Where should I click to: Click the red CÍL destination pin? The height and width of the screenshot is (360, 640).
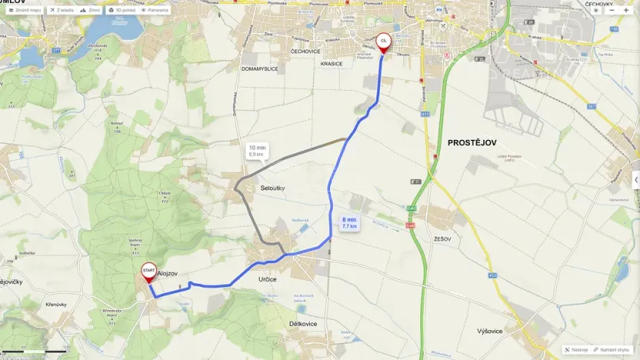(x=383, y=41)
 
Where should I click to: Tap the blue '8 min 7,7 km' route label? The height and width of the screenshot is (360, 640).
(x=349, y=223)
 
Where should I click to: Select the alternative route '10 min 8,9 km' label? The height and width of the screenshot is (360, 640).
(x=257, y=150)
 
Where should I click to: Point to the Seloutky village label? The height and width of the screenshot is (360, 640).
(x=272, y=188)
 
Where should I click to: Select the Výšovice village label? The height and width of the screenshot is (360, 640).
(x=490, y=331)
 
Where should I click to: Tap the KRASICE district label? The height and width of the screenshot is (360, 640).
(x=333, y=64)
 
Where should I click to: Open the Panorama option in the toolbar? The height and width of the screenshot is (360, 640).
(x=156, y=11)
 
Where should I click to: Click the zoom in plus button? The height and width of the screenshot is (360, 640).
(x=626, y=11)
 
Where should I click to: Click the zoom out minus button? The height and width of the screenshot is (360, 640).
(x=612, y=11)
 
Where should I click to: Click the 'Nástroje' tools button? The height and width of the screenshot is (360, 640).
(x=576, y=349)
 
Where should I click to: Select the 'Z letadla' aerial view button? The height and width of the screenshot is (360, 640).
(x=64, y=11)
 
